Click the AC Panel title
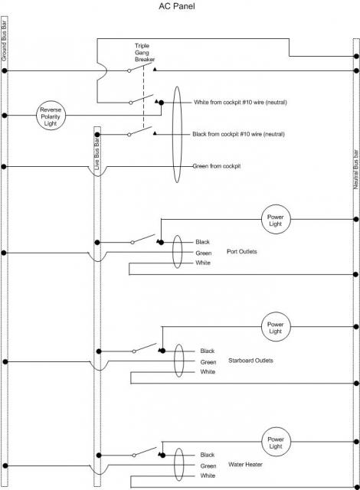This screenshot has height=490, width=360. (x=177, y=6)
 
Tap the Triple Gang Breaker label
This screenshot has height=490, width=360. (x=145, y=53)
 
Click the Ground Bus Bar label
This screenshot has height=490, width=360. (x=4, y=41)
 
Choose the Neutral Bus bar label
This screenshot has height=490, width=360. (x=355, y=169)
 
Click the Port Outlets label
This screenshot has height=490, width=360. (x=242, y=252)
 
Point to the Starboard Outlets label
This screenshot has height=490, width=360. (x=250, y=361)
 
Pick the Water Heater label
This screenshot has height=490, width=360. (x=245, y=465)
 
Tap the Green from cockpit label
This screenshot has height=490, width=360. (x=217, y=166)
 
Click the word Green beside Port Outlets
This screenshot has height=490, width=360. (x=204, y=253)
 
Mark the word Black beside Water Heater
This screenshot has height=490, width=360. (x=208, y=455)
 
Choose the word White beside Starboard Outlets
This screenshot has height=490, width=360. (x=208, y=371)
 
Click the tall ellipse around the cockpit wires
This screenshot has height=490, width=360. (x=173, y=135)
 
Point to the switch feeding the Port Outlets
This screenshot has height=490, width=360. (x=144, y=239)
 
